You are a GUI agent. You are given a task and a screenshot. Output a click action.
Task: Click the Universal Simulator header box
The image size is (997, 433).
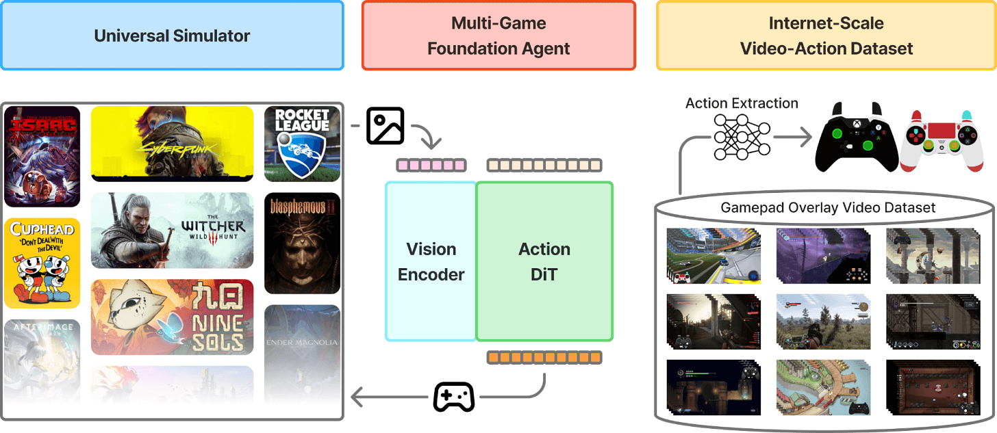pos(172,36)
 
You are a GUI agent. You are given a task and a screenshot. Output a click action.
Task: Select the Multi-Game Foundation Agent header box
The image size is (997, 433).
pos(498,36)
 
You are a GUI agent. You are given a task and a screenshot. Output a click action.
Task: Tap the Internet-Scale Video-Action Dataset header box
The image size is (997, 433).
pos(825,36)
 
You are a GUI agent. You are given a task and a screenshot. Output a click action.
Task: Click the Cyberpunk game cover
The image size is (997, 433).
pos(172,144)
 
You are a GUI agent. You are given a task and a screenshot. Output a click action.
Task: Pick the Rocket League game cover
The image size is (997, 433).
pos(302,144)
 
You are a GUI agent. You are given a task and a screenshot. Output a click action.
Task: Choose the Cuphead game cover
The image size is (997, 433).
pos(42,263)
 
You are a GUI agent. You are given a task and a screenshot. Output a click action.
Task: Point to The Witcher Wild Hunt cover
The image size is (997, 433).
pos(172,231)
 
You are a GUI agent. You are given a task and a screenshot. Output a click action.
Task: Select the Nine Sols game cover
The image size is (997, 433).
pos(172,317)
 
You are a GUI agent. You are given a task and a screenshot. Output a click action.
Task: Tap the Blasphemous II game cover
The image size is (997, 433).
pos(302,243)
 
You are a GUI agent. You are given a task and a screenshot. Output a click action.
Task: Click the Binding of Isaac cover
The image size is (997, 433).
pos(42,156)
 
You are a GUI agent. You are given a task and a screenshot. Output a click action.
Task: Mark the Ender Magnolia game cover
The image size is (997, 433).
pos(302,342)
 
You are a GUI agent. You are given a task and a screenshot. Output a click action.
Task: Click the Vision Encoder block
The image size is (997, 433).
pos(431,261)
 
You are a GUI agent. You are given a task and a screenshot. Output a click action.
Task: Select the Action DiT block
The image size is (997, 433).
pos(544,261)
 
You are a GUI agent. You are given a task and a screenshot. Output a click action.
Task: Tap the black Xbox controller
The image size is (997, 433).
pos(855,137)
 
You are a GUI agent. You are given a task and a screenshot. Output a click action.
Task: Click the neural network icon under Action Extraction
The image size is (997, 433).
pos(742,137)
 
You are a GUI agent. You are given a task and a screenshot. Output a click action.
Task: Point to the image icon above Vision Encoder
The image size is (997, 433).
pos(385,124)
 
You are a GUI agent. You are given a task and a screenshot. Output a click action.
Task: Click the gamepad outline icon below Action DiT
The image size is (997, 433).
pos(454,396)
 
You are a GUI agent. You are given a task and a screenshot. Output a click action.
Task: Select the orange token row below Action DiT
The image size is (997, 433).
pos(544,357)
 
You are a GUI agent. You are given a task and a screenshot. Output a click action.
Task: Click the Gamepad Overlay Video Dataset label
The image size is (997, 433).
pos(828,207)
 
